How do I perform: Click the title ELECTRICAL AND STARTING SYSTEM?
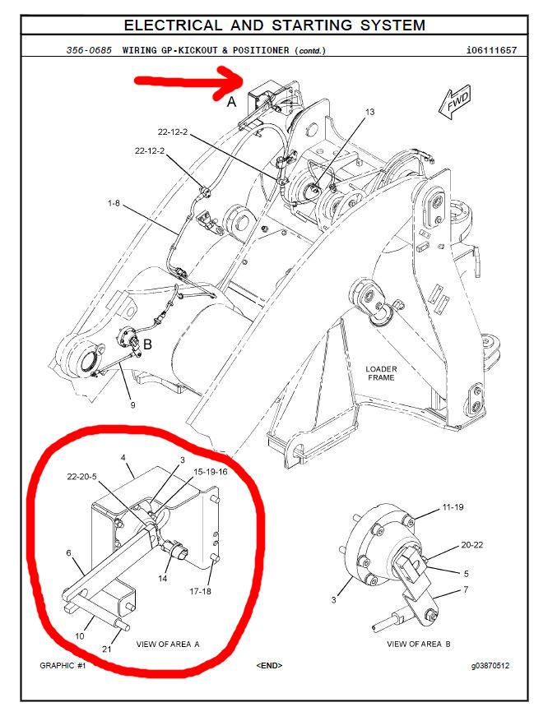275,25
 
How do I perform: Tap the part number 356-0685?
89,50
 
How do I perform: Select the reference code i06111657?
491,50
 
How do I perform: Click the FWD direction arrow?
454,103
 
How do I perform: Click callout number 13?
369,112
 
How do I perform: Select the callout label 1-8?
114,203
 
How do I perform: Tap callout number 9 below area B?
132,405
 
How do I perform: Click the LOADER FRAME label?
381,373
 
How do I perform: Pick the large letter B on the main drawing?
147,344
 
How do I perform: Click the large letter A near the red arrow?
231,102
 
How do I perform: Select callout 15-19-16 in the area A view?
210,472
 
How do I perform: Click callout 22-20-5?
81,477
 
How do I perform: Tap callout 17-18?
200,591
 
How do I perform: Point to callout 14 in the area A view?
162,578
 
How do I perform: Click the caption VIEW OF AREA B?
419,644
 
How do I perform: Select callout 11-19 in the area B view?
453,507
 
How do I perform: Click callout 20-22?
472,545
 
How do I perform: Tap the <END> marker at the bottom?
269,666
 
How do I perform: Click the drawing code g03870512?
490,666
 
